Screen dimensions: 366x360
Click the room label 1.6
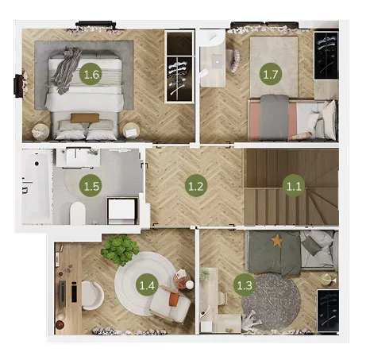click(x=91, y=74)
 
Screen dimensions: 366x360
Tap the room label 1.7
click(x=271, y=74)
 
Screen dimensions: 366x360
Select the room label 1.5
click(x=91, y=186)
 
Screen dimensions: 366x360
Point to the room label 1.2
click(x=196, y=186)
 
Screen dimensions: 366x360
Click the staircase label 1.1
click(x=294, y=186)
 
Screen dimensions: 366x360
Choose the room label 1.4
click(x=147, y=285)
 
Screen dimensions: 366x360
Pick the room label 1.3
click(x=245, y=285)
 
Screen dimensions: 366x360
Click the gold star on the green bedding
click(x=276, y=241)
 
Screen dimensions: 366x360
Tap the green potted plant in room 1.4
click(x=120, y=250)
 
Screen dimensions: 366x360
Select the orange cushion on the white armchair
click(x=174, y=300)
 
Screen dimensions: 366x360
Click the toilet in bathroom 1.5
click(x=78, y=213)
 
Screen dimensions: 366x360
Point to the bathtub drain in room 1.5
click(x=37, y=164)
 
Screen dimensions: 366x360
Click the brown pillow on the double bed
click(x=85, y=118)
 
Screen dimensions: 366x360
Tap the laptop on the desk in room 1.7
click(x=217, y=62)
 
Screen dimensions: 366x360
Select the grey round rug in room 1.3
click(x=271, y=301)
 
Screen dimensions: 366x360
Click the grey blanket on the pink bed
click(x=274, y=117)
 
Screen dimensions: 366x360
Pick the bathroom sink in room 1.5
click(x=77, y=157)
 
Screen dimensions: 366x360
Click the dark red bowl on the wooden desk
click(x=60, y=324)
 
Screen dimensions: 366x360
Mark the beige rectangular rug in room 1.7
click(x=274, y=67)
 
